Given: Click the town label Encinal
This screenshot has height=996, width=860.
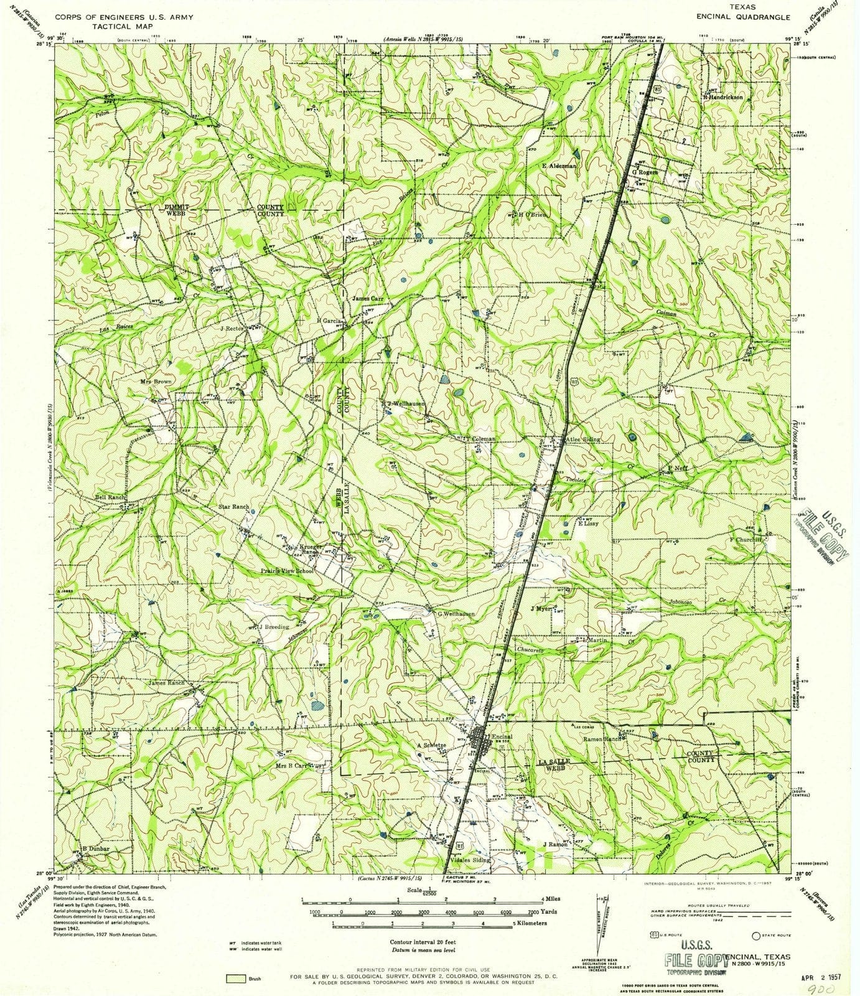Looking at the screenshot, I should [x=502, y=736].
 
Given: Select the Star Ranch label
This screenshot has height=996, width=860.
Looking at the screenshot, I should [x=233, y=507].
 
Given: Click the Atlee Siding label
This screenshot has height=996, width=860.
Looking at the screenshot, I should [x=582, y=439].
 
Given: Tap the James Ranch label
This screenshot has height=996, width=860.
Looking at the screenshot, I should [x=166, y=684].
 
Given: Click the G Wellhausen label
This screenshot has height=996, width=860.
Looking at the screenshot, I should [x=456, y=614].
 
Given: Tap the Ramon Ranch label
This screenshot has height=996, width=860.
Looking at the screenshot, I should [x=599, y=738].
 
